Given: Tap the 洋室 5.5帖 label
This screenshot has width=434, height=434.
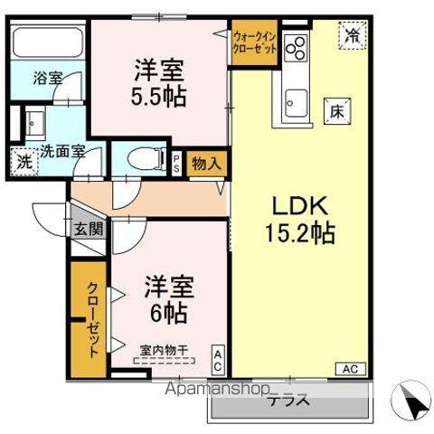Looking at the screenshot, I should [x=161, y=83].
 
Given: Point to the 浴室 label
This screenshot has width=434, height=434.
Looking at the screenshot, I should [x=48, y=79].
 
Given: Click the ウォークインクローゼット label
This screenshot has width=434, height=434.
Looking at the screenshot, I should [x=254, y=43].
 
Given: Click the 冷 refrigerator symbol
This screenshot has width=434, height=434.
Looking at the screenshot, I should [x=350, y=37].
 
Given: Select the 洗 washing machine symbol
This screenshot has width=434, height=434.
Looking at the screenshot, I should [x=23, y=162].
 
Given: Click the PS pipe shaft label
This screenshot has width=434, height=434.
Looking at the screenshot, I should [x=176, y=163].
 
